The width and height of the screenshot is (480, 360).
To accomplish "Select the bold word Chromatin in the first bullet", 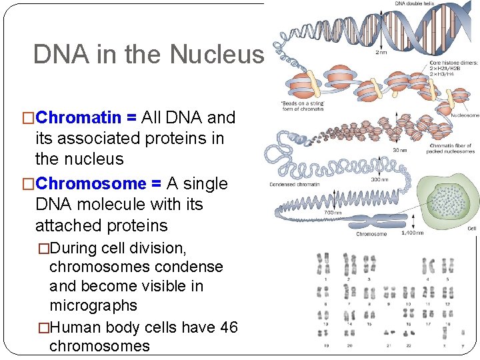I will click(x=79, y=118).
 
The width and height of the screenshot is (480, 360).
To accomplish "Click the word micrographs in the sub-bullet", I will click(x=93, y=305).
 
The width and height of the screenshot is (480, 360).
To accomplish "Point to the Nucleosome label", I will click(x=464, y=115).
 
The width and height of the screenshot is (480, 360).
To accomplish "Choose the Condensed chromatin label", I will click(x=294, y=184).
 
